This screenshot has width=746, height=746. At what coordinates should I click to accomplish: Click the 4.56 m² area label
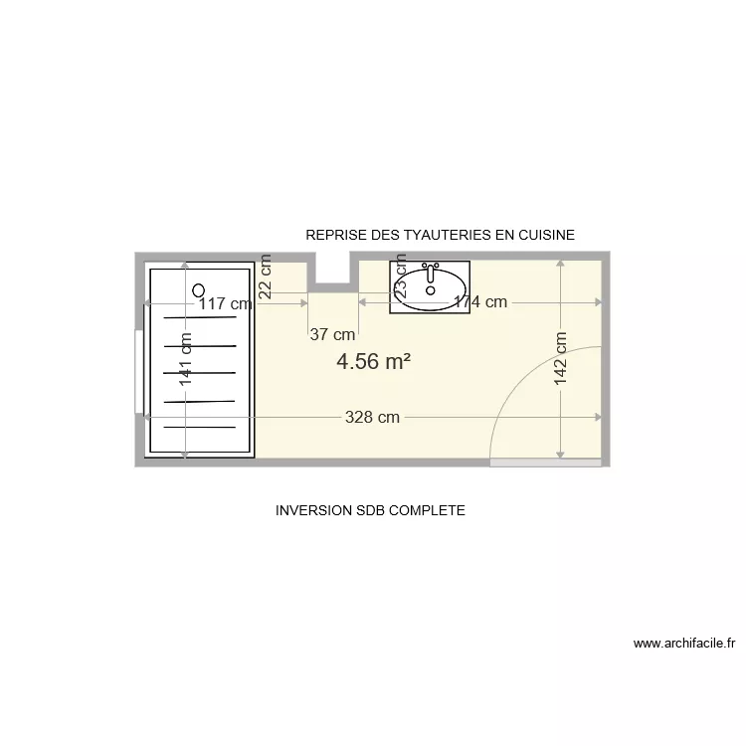[x=373, y=362]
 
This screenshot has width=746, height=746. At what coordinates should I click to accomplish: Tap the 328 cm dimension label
[x=372, y=418]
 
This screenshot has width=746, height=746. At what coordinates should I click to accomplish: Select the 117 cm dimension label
[x=225, y=304]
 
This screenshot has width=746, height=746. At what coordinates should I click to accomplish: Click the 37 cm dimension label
[x=332, y=335]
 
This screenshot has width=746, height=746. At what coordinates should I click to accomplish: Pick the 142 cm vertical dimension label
[x=560, y=358]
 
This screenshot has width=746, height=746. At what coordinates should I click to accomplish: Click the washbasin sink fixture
[x=430, y=287]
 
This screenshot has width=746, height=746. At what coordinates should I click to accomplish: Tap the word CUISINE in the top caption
[x=545, y=235]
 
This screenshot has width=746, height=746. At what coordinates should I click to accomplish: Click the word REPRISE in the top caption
[x=336, y=235]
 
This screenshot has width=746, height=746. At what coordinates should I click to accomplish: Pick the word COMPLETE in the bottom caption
[x=429, y=510]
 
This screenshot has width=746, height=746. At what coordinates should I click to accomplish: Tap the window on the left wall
[x=138, y=370]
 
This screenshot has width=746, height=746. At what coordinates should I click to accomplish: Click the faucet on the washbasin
[x=430, y=269]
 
